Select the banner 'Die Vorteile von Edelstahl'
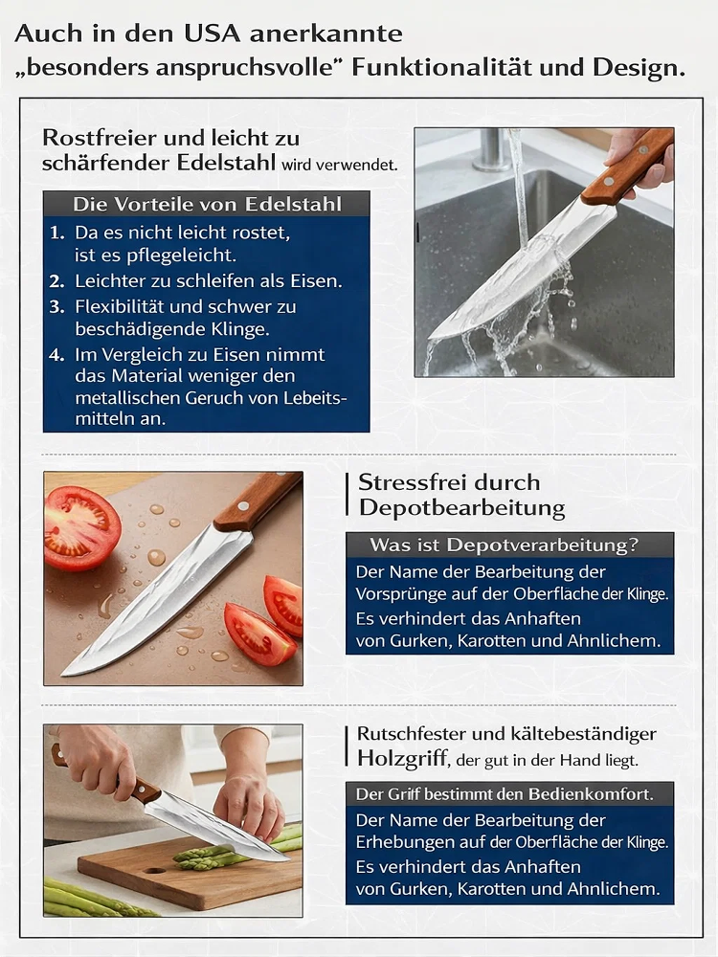click(207, 205)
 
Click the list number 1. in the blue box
click(57, 233)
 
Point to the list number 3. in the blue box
click(57, 307)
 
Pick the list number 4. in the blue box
click(57, 355)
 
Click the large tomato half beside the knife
click(81, 527)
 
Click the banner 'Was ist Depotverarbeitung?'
click(509, 545)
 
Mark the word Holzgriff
click(400, 759)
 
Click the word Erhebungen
click(406, 843)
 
